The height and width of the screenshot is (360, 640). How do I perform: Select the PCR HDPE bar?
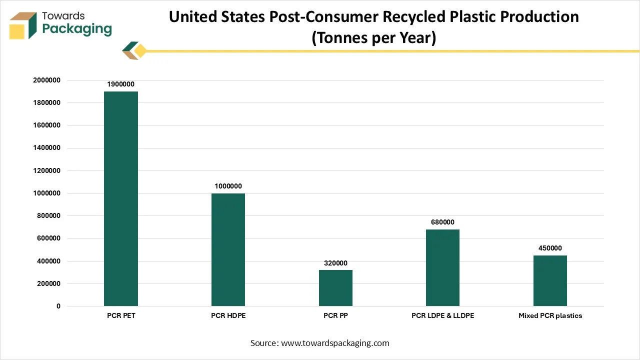coord(228,249)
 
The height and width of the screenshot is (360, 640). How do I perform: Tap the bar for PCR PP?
coord(335,288)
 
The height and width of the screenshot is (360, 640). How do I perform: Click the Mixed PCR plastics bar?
coord(550,280)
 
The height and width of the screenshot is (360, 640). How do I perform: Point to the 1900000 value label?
coord(120,84)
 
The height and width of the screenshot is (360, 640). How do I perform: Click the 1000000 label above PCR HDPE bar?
coord(228,186)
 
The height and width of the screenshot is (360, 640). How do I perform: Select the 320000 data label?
coord(335,263)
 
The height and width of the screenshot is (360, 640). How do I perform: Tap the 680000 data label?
coord(442,222)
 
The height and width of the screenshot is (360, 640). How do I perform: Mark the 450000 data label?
coord(550,248)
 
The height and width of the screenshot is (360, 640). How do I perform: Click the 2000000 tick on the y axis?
coord(46,80)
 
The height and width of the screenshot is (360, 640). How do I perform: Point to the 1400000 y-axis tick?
coord(46,148)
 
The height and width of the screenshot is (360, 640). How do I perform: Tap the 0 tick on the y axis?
coord(58,306)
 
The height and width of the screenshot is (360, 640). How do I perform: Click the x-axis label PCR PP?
coord(335,316)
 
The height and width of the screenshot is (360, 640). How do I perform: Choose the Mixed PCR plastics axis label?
coord(550,316)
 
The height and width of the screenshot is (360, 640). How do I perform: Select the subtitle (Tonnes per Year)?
coord(374,38)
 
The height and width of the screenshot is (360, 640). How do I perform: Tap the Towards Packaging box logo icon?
coord(23,25)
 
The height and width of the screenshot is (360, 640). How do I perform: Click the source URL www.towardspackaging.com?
coord(335,343)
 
